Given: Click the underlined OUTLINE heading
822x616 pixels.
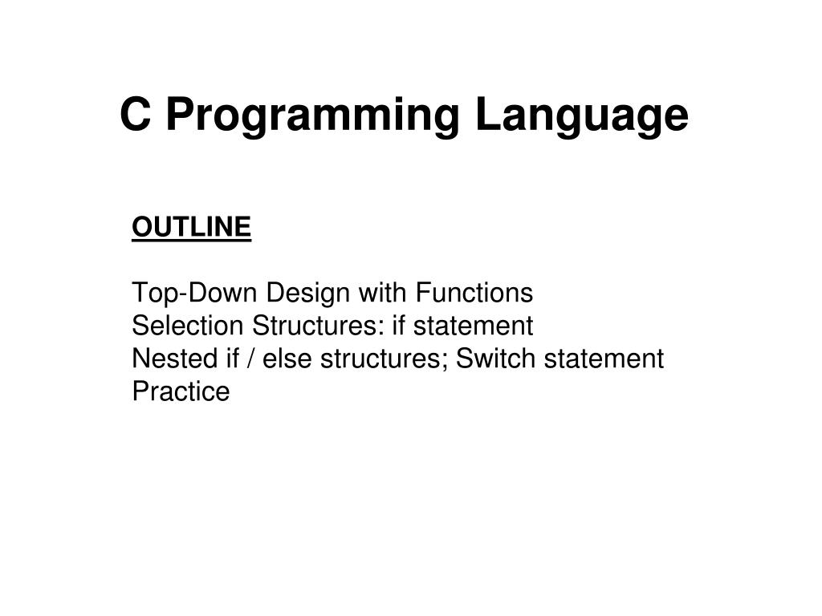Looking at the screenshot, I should pos(192,228).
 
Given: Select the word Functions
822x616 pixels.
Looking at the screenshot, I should pos(474,294).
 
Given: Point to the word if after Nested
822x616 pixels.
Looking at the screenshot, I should pos(232,359).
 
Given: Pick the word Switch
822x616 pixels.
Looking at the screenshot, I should pos(496,359).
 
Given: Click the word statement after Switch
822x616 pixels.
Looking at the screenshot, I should pos(604,359).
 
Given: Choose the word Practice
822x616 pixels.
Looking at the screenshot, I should pos(181,392).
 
